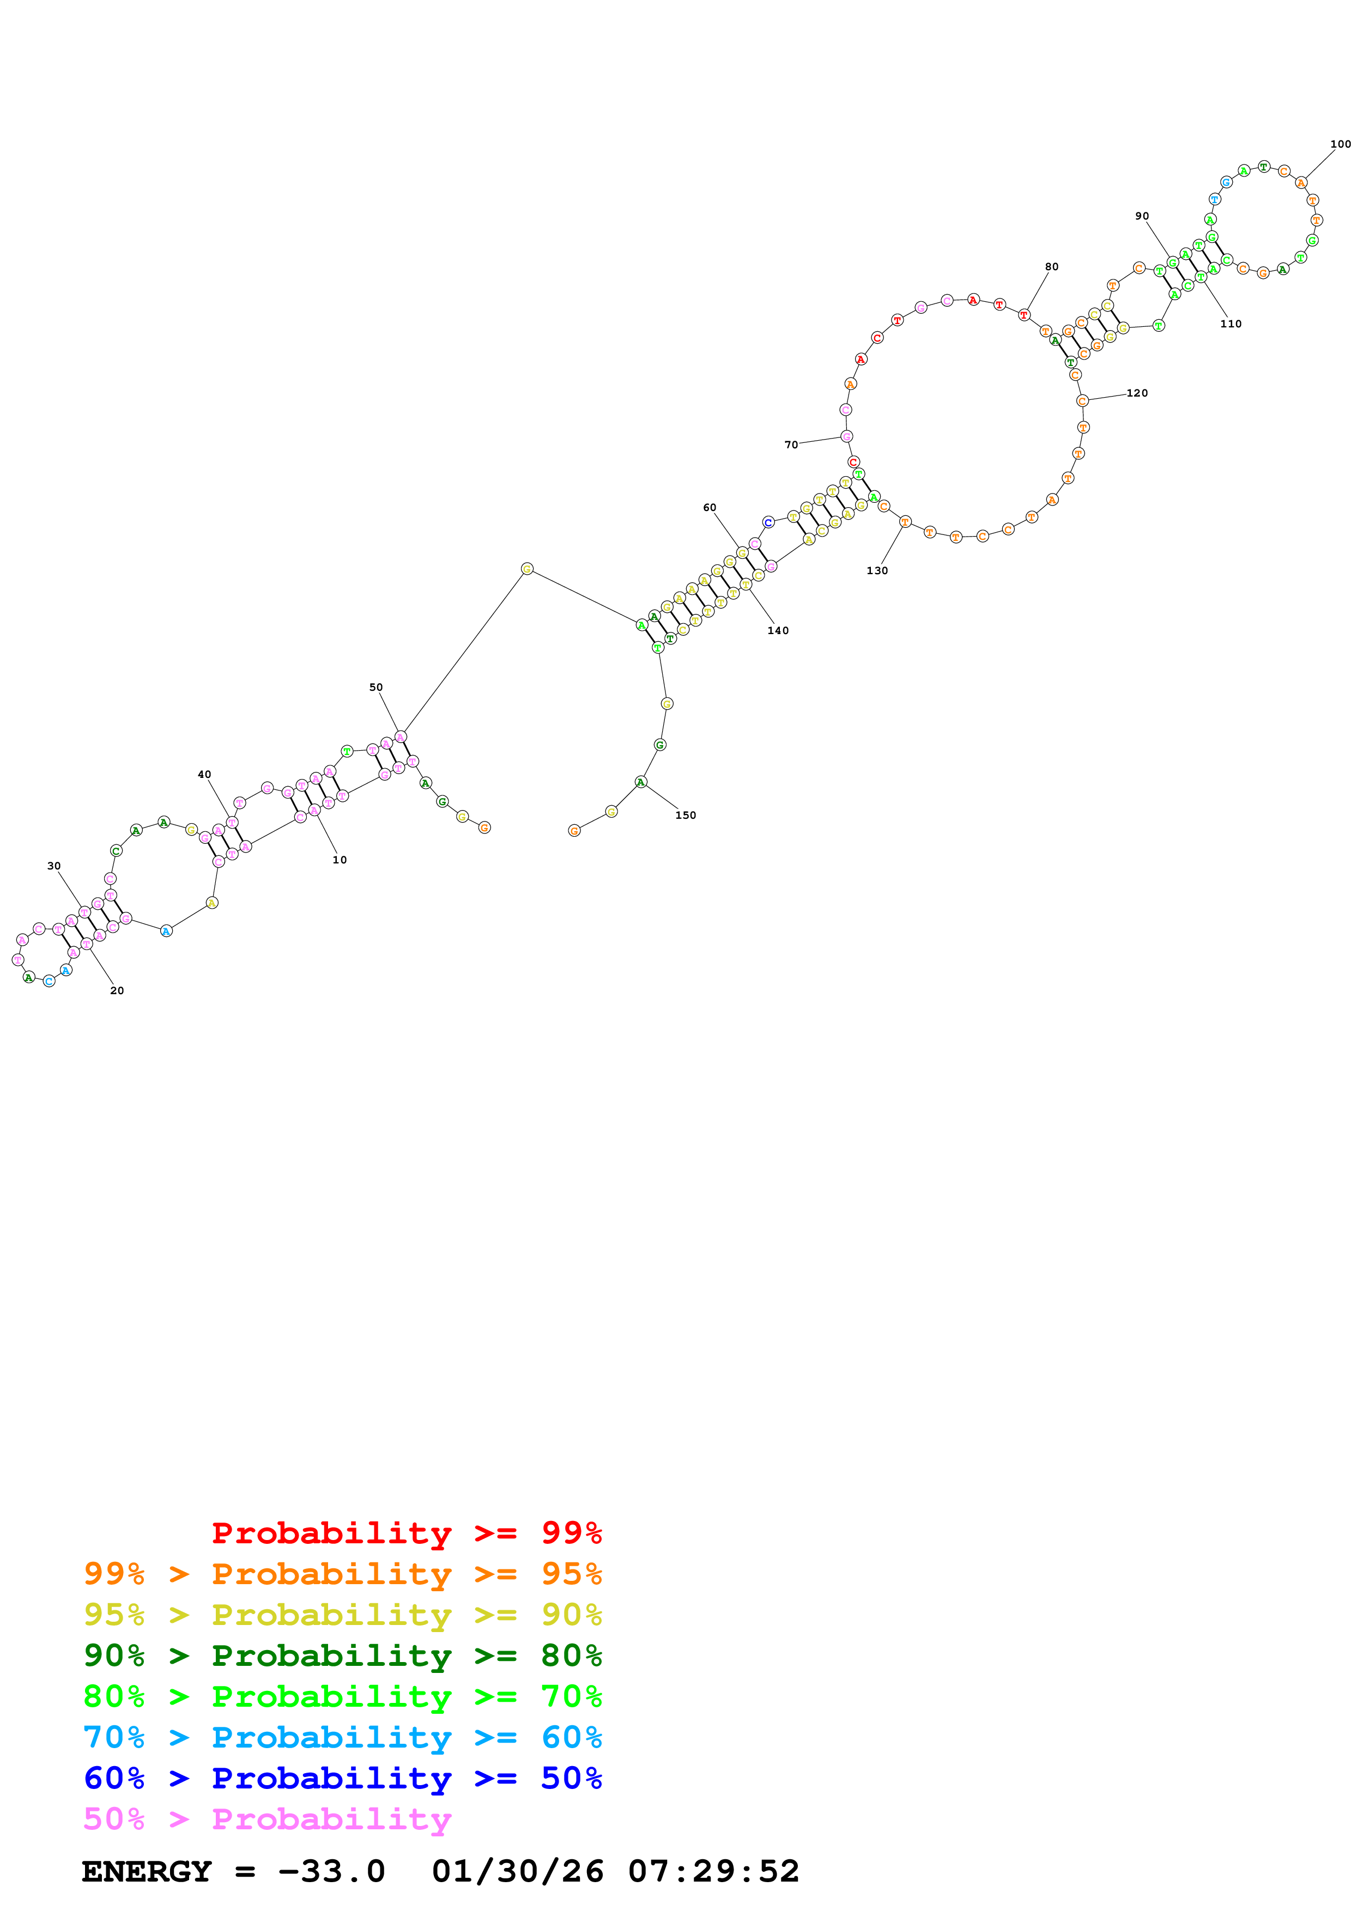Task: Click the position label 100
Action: click(x=1340, y=144)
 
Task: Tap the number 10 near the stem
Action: click(x=340, y=860)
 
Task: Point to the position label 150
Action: click(x=685, y=815)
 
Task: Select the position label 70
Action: click(x=791, y=445)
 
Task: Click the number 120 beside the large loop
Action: click(x=1136, y=393)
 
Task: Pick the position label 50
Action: click(x=376, y=687)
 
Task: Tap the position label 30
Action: click(x=54, y=866)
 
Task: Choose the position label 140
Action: click(x=778, y=630)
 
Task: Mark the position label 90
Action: click(x=1142, y=216)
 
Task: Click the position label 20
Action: click(x=117, y=990)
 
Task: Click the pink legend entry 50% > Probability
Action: click(x=267, y=1819)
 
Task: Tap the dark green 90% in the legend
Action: click(x=114, y=1656)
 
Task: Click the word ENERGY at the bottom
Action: click(x=147, y=1871)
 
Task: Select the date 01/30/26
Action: click(x=518, y=1871)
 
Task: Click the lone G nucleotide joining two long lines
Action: click(x=527, y=569)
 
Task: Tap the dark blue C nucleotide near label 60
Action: click(x=768, y=522)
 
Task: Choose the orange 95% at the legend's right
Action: click(x=571, y=1574)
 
